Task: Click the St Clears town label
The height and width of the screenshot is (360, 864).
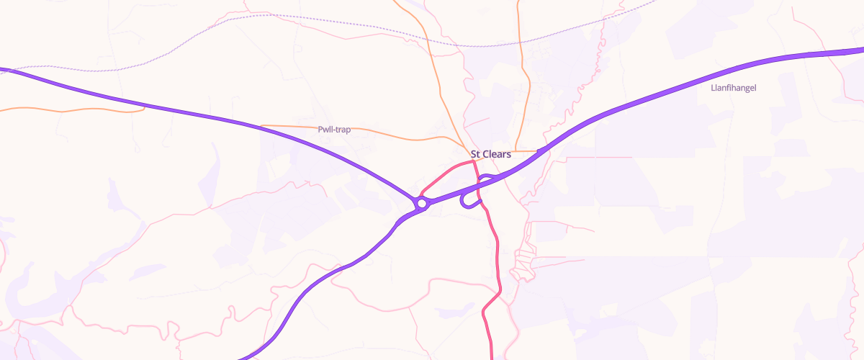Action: click(490, 154)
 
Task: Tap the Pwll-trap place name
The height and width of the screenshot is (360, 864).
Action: click(333, 130)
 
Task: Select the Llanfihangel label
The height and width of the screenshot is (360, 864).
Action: click(733, 88)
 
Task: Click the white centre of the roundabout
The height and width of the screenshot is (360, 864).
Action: click(422, 204)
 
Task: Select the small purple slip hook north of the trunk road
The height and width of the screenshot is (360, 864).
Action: click(486, 176)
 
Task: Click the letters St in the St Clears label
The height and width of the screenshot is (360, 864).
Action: click(475, 154)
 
